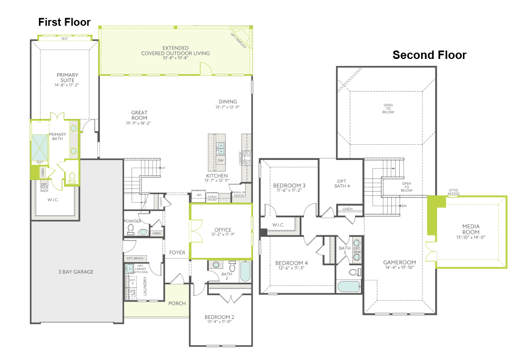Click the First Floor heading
tap(64, 22)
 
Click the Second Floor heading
tap(429, 55)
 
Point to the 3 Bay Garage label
tap(76, 272)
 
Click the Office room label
tap(223, 230)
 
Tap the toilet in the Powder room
tap(131, 228)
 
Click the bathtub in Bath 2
tap(245, 272)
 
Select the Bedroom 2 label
tap(219, 317)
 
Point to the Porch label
tap(177, 303)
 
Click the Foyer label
tap(177, 253)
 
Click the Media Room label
tap(471, 229)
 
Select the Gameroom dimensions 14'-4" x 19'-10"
tap(399, 268)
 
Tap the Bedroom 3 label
tap(289, 185)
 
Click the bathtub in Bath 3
tap(349, 287)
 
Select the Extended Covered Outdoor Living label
tap(175, 51)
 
